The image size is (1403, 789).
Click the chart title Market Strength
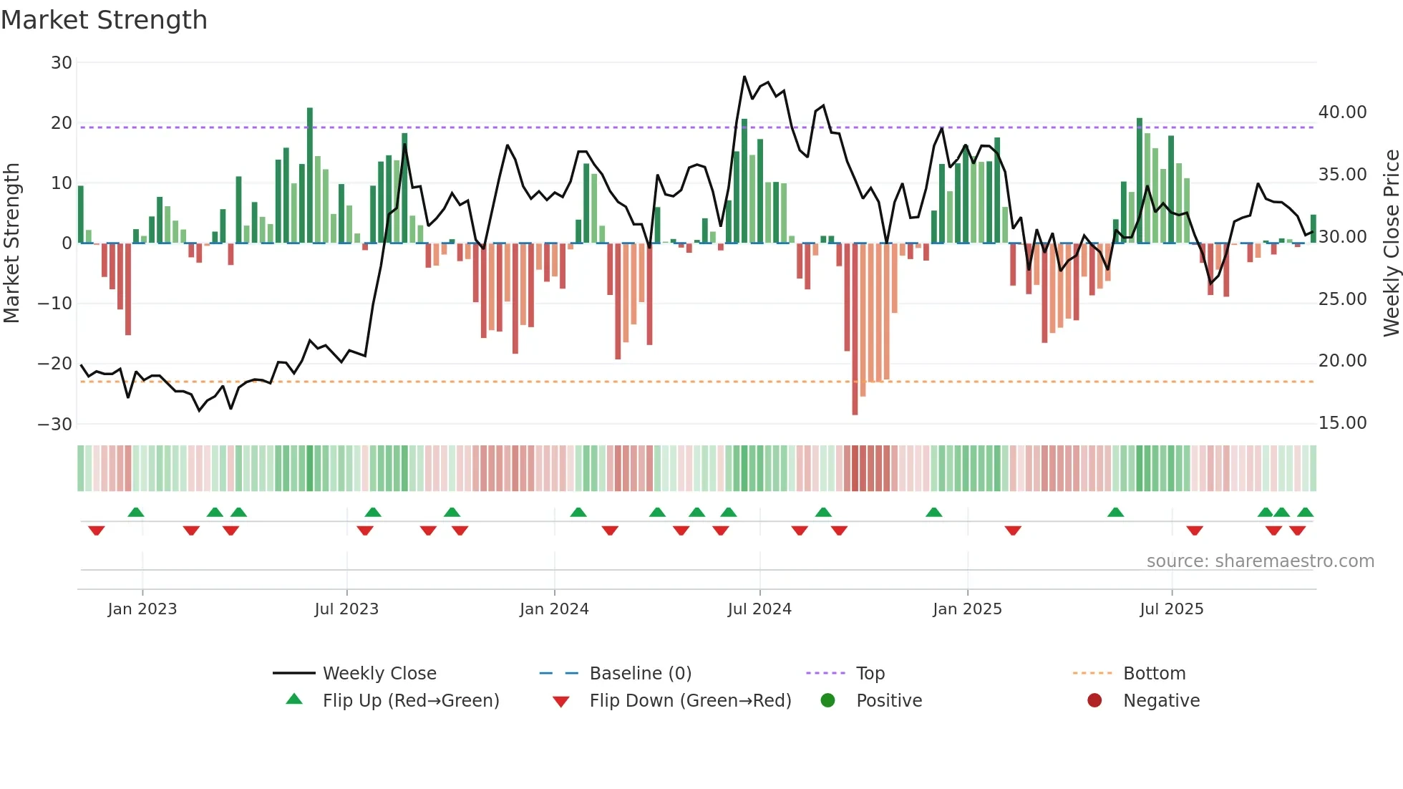tap(104, 20)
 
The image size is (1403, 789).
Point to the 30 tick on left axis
tap(62, 63)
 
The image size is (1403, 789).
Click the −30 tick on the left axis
tap(55, 424)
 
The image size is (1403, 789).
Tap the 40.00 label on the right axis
tap(1342, 112)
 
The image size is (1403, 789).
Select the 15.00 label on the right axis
tap(1342, 423)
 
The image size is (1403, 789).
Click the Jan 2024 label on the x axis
tap(554, 609)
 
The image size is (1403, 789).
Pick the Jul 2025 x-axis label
tap(1171, 609)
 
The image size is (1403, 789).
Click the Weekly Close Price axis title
tap(1391, 243)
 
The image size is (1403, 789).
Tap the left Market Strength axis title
tap(11, 243)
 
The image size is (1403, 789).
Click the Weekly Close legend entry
tap(379, 674)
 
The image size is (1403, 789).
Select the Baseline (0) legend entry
tap(640, 674)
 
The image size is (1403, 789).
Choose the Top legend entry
tap(870, 674)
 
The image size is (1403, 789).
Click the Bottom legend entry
tap(1154, 674)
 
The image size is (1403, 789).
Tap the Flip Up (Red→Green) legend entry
tap(410, 701)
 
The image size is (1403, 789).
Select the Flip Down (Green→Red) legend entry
tap(690, 701)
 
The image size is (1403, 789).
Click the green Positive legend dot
tap(828, 701)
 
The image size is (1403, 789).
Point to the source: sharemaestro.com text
tap(1260, 561)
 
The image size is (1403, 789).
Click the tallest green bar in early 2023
tap(310, 175)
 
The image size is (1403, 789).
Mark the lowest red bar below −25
tap(855, 329)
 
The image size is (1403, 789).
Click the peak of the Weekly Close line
tap(744, 77)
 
